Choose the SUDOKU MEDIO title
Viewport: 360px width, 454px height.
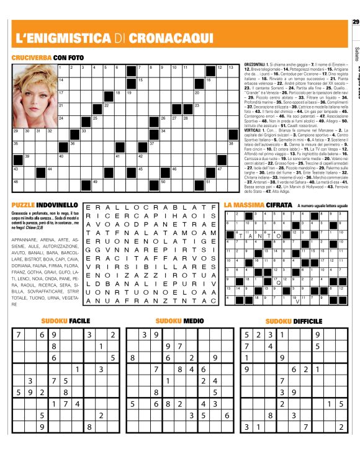click(179, 321)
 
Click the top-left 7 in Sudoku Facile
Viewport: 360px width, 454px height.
click(19, 334)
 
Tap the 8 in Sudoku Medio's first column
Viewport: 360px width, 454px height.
click(133, 357)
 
